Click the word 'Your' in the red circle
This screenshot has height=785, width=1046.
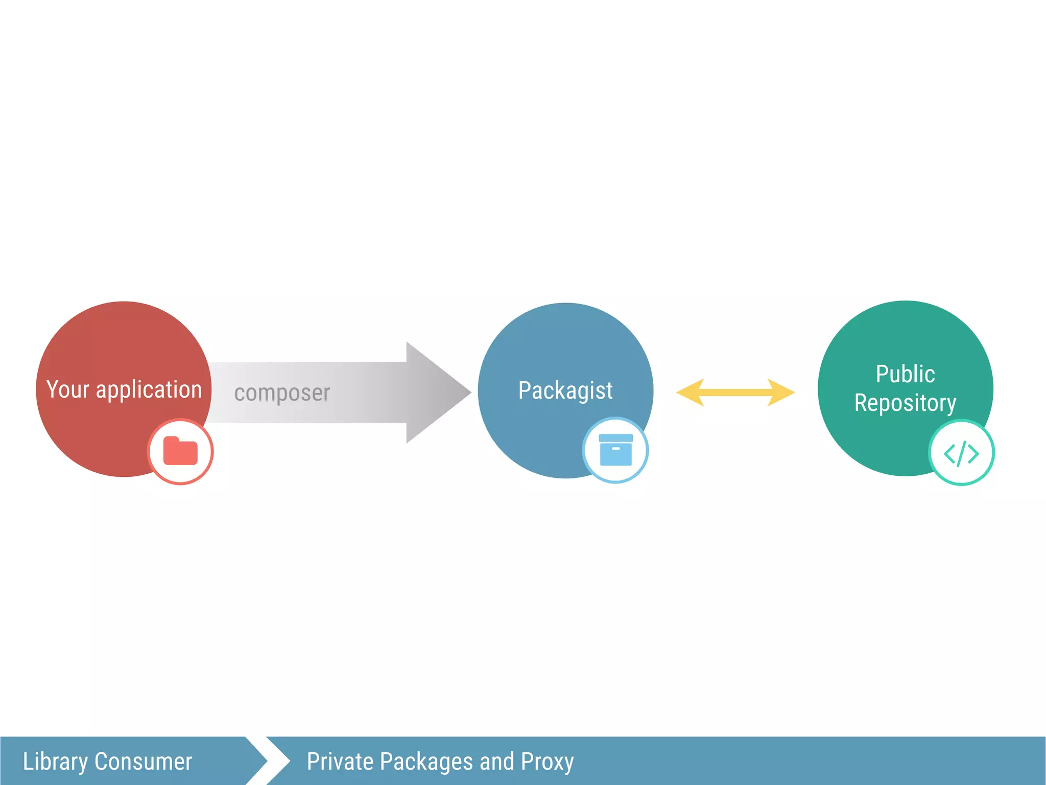point(67,389)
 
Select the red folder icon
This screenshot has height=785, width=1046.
point(180,451)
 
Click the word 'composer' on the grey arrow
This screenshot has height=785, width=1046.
point(282,393)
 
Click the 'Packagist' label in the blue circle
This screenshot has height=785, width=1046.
point(565,391)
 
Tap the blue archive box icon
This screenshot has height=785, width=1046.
point(615,450)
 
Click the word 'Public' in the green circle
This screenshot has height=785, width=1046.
point(905,374)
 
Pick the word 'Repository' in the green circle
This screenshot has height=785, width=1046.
point(905,403)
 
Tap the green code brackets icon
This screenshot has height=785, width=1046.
point(961,453)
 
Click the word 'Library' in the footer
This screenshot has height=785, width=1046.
point(55,761)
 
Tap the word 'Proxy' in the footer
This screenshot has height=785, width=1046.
point(547,761)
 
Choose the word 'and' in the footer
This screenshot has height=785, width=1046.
point(496,761)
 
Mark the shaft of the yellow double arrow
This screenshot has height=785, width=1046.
point(735,392)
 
